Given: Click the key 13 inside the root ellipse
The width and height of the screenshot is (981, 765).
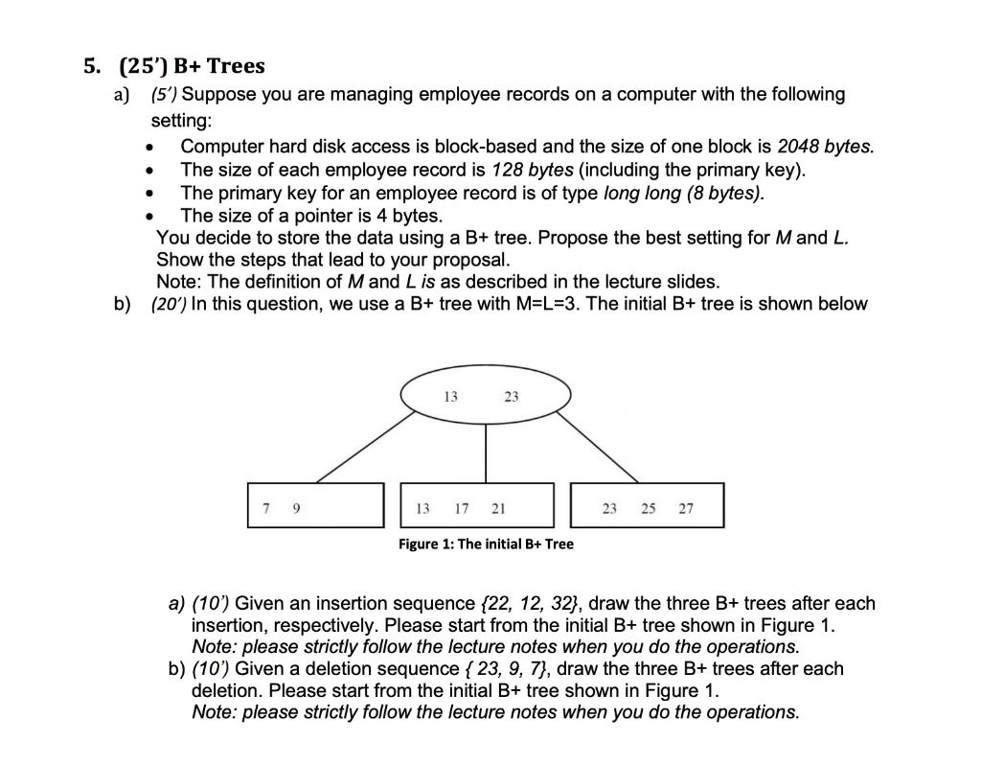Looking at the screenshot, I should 451,396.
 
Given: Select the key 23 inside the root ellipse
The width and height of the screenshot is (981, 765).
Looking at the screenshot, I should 511,396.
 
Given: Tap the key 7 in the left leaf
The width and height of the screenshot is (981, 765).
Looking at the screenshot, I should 265,508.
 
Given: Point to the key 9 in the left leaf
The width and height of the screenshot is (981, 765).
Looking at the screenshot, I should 296,508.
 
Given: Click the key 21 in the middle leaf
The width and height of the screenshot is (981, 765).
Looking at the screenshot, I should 498,508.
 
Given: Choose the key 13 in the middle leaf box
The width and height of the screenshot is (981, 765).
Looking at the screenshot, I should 422,508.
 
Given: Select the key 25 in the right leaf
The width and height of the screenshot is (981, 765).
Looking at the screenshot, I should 648,508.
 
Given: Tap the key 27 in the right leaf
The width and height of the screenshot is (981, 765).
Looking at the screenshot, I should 685,508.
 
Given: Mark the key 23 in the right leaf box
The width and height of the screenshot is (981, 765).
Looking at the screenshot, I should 609,508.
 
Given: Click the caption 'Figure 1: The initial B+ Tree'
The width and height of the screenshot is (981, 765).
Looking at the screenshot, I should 486,545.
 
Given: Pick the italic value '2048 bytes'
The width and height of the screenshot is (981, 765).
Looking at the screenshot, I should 825,148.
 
